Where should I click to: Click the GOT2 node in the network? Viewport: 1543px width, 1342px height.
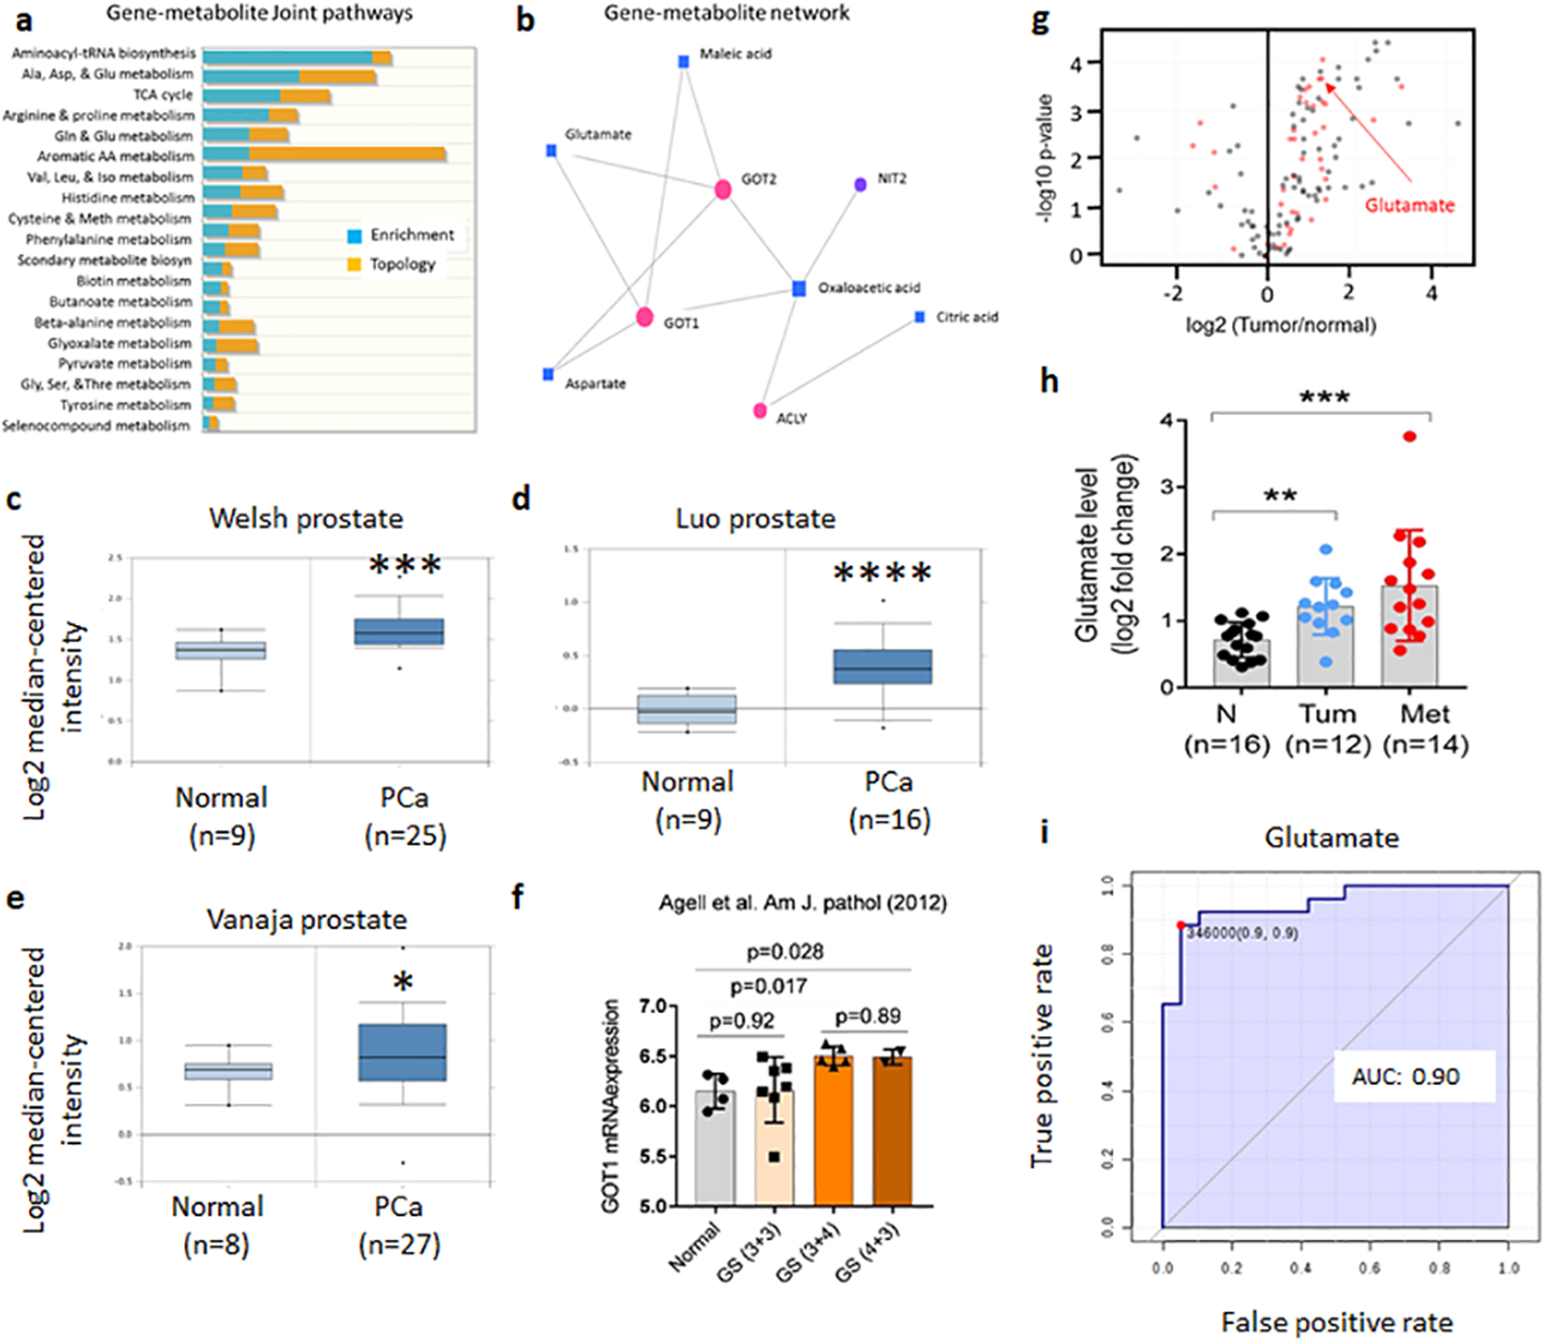[722, 190]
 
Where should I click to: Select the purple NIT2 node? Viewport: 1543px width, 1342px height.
[860, 185]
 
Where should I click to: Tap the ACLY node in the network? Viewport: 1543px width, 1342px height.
[760, 410]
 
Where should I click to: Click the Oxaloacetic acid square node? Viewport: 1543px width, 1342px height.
[800, 288]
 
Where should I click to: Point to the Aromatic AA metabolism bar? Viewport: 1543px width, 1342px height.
[324, 155]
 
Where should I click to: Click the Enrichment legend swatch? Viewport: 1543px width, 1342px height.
[354, 236]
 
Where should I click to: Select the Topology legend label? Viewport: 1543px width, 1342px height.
[402, 264]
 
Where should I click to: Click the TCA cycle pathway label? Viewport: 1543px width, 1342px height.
[163, 94]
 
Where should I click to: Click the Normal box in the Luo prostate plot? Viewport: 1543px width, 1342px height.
[686, 708]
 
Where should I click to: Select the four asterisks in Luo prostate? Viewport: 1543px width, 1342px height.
[883, 573]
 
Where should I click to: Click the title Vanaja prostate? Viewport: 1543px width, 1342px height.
[307, 919]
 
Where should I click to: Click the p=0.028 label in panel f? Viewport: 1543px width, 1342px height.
[785, 951]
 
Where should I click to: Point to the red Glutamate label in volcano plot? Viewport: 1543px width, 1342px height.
[1409, 205]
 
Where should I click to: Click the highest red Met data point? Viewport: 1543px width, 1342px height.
[1409, 436]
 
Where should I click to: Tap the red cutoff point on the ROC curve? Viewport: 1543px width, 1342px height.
[1181, 924]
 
